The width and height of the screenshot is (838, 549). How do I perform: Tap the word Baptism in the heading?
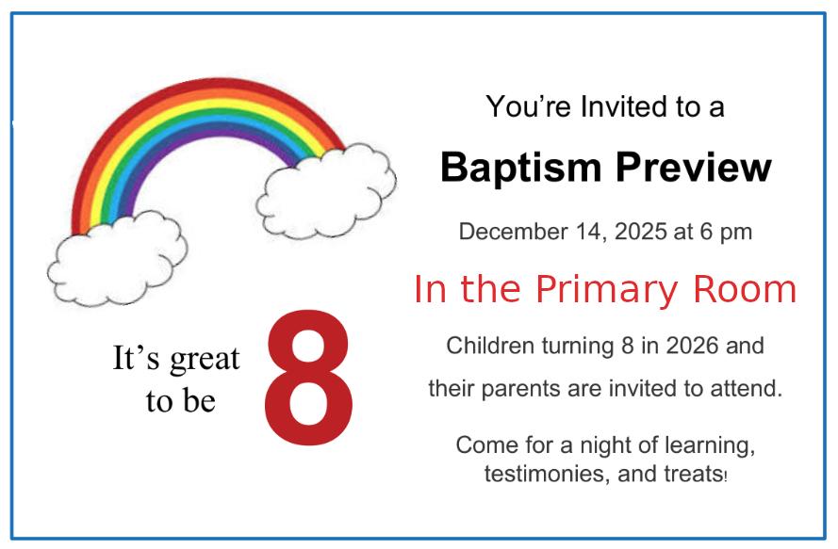(x=521, y=169)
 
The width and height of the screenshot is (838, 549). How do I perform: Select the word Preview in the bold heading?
(x=694, y=168)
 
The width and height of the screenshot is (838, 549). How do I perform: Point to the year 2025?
(x=641, y=232)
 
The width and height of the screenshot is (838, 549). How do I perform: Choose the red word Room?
(x=745, y=289)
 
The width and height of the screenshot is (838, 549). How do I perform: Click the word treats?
(x=696, y=475)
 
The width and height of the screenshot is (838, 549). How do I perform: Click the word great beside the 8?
(x=205, y=360)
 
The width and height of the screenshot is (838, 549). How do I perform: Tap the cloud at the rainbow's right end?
(x=326, y=190)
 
